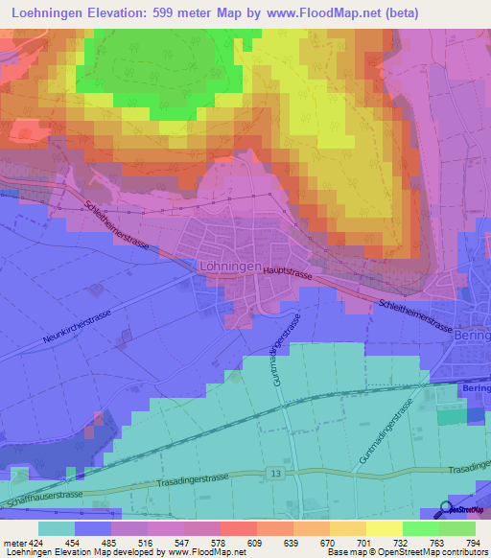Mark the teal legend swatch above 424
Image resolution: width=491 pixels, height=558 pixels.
[x=57, y=528]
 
